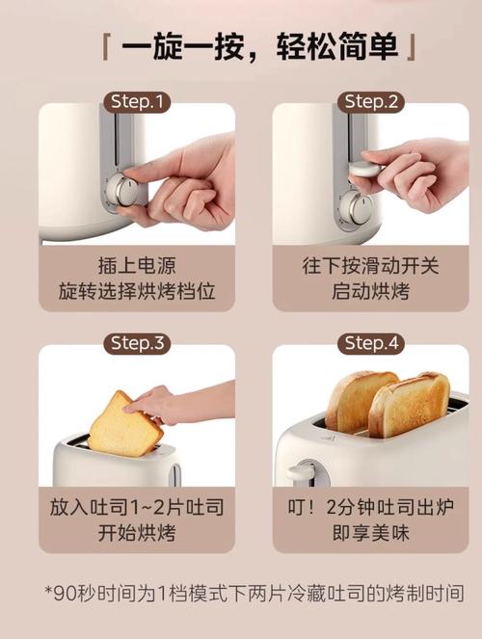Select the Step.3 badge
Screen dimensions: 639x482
click(x=137, y=343)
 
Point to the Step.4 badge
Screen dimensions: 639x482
click(x=371, y=343)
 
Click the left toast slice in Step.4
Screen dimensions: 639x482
click(x=360, y=400)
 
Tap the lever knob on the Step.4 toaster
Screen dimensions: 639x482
click(x=301, y=472)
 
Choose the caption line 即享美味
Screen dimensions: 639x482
click(x=371, y=532)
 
